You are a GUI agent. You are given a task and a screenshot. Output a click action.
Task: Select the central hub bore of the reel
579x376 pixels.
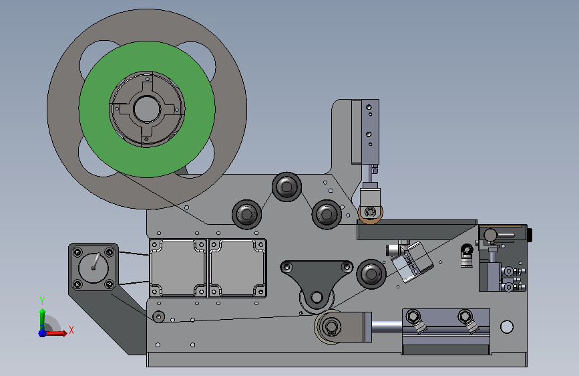[x=147, y=109]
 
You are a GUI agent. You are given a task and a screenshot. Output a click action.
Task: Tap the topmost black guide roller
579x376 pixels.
[x=286, y=187]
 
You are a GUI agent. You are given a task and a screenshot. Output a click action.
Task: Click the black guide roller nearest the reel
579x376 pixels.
[x=246, y=214]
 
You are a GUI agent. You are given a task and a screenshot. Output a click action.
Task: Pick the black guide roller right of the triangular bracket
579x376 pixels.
[x=371, y=274]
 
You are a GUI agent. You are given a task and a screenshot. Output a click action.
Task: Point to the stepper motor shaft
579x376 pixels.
[x=96, y=261]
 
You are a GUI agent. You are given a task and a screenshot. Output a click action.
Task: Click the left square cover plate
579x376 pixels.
[x=178, y=268]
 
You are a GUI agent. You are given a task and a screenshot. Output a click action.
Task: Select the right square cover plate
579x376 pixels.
[x=238, y=268]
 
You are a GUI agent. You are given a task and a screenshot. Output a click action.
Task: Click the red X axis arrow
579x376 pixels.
[x=56, y=333]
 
